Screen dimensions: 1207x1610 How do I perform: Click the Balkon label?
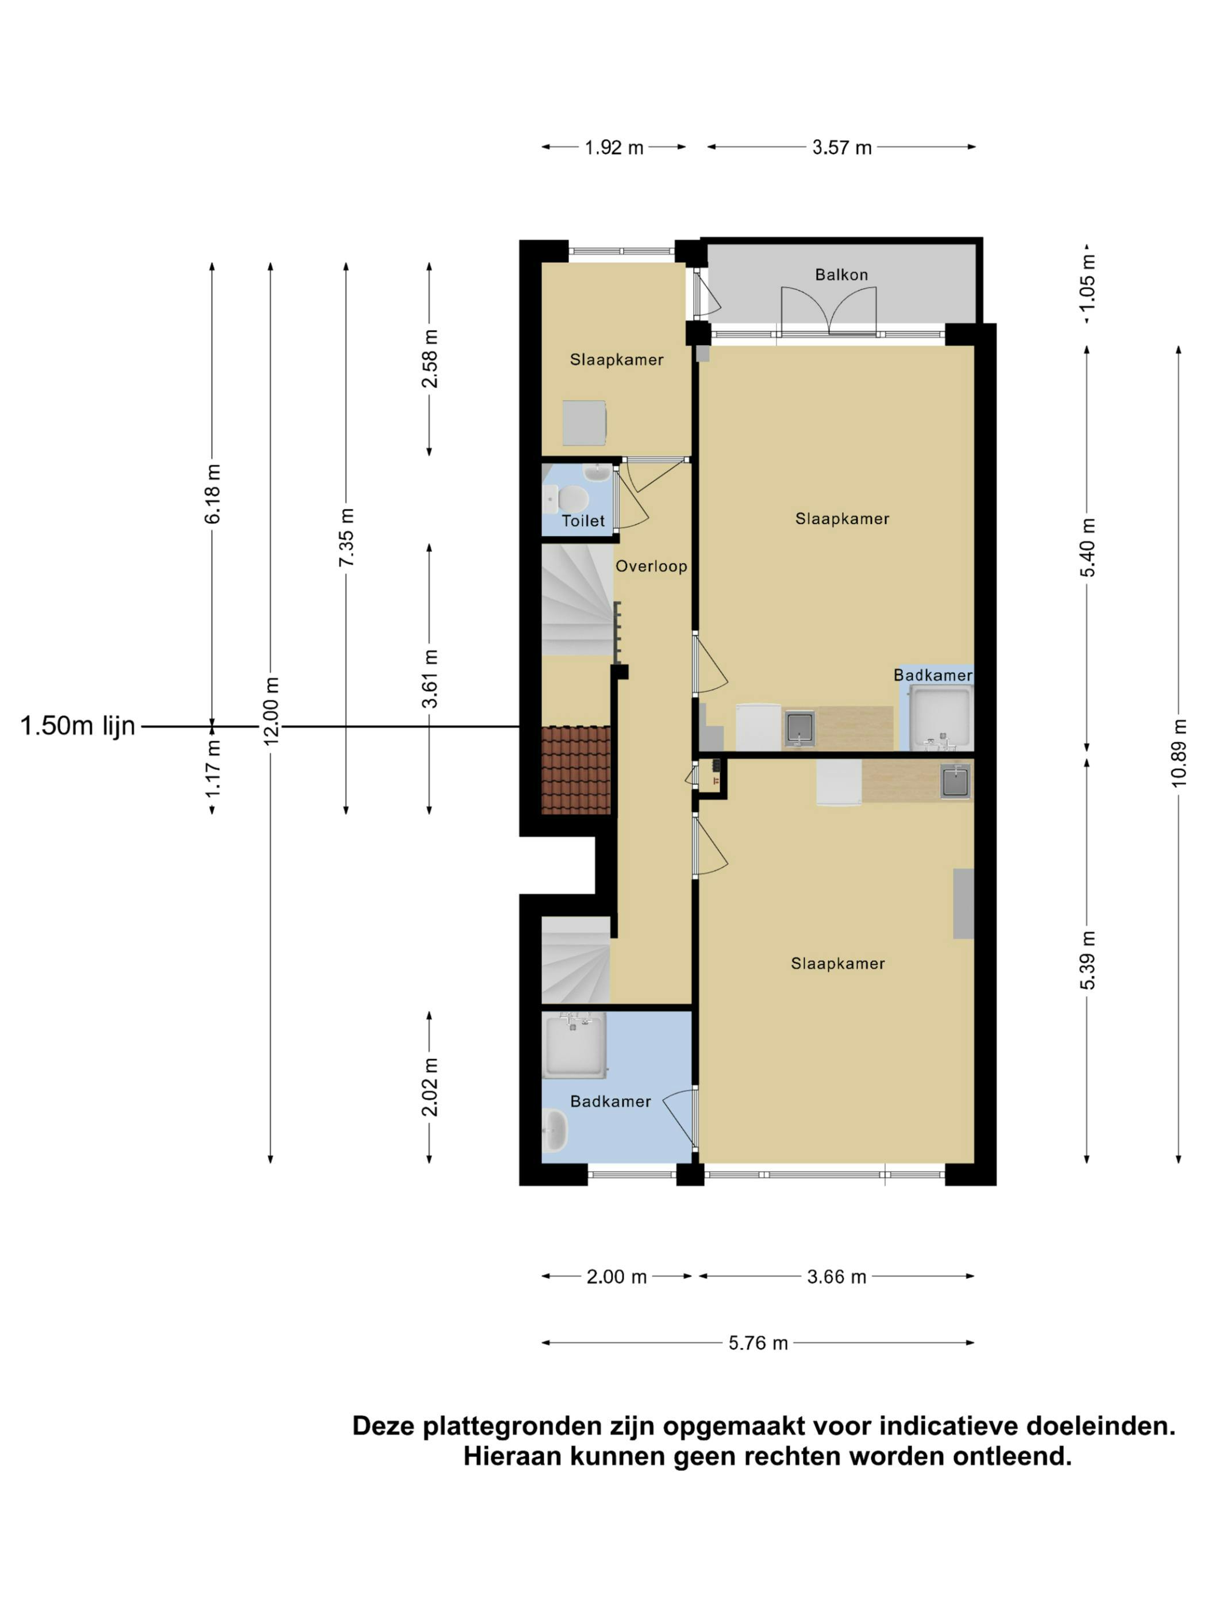[841, 274]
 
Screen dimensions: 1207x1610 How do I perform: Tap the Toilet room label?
[583, 520]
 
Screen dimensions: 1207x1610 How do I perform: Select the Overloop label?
[651, 566]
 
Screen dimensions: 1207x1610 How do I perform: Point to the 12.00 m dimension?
[271, 710]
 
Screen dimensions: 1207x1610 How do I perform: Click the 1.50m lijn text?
[78, 726]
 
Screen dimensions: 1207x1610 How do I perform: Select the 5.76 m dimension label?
[758, 1343]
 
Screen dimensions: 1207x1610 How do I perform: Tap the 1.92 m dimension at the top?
[614, 148]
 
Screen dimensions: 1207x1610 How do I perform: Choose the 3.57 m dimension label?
[842, 148]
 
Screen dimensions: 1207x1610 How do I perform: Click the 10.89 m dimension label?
[1179, 753]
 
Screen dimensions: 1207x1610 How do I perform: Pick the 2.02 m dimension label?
[430, 1087]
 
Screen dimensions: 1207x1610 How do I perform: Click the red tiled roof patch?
[575, 769]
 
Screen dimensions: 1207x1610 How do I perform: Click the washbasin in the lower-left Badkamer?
[555, 1130]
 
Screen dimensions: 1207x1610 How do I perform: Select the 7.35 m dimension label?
[347, 537]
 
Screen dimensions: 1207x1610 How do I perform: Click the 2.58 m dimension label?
[430, 358]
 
